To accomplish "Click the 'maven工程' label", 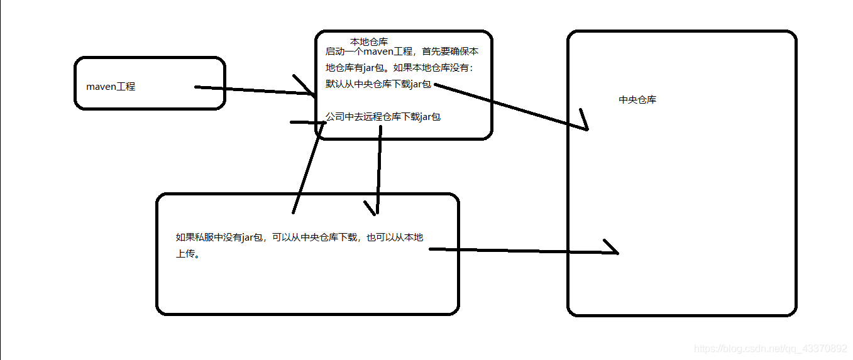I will point(111,87).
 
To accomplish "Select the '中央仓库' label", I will point(637,100).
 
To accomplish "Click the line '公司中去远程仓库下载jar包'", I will point(383,116).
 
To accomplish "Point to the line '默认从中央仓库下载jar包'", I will point(378,84).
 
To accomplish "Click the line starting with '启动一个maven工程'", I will point(402,52).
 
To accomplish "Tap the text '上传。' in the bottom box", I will point(188,255).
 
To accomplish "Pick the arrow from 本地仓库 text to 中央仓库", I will point(509,106).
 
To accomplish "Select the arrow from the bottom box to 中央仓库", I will point(522,251).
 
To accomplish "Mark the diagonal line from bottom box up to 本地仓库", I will point(308,166).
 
